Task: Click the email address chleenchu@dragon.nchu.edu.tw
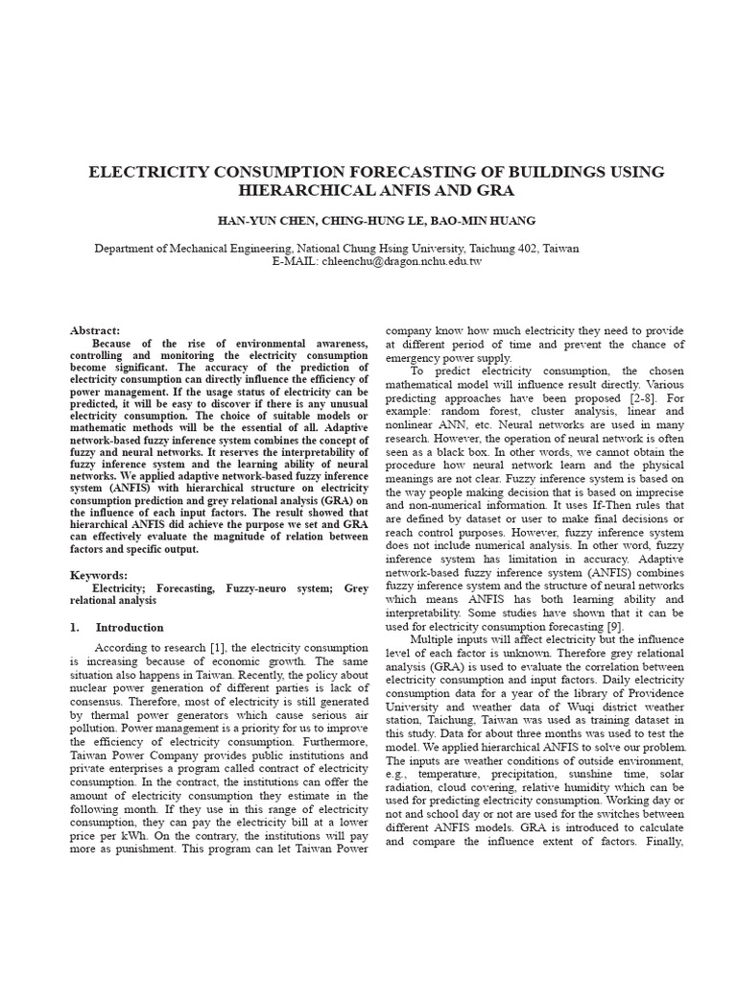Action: pos(403,261)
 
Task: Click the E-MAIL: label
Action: pos(296,261)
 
